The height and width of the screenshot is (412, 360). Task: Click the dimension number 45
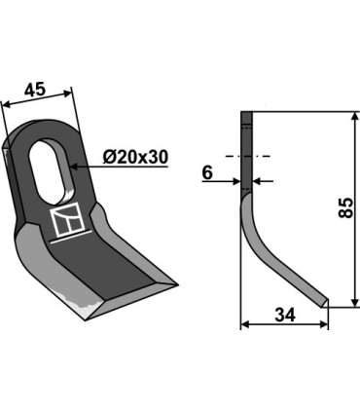pyautogui.click(x=35, y=90)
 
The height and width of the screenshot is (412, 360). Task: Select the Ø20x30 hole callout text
pyautogui.click(x=135, y=158)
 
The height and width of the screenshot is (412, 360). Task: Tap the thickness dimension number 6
pyautogui.click(x=207, y=172)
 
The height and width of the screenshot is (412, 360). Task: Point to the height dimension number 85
pyautogui.click(x=345, y=207)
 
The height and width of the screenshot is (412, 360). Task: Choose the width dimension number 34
pyautogui.click(x=285, y=316)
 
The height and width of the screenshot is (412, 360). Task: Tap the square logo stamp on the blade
pyautogui.click(x=68, y=219)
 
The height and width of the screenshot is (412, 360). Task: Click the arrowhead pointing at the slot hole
pyautogui.click(x=74, y=167)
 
